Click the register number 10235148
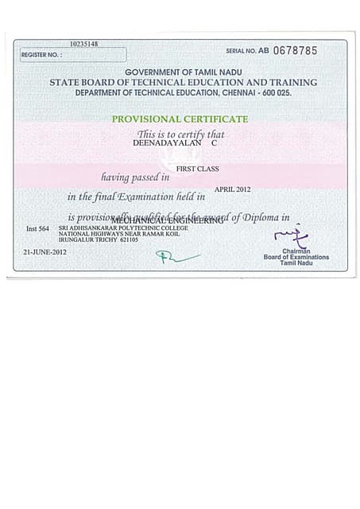pos(83,44)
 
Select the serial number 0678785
pos(295,50)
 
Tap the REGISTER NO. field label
pos(41,55)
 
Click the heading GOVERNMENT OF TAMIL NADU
pos(183,72)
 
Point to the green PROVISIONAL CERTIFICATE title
pos(180,119)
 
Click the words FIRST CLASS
pos(197,169)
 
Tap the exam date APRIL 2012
pos(232,189)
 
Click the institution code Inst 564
pos(37,229)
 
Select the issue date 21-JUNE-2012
pos(45,252)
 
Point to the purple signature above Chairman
pos(290,235)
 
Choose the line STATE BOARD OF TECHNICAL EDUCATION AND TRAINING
pos(183,82)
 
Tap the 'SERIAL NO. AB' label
pos(247,51)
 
